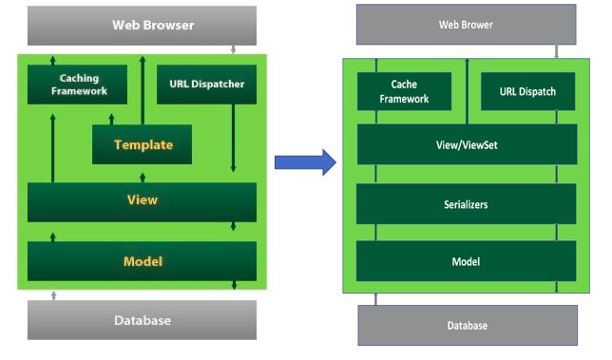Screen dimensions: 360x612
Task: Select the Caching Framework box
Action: coord(79,85)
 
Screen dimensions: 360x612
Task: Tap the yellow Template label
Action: coord(143,145)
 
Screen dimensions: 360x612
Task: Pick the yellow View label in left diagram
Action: coord(143,200)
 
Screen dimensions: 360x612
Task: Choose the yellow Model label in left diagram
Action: coord(143,261)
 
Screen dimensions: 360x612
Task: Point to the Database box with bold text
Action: coord(143,320)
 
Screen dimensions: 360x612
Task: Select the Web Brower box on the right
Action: coord(466,25)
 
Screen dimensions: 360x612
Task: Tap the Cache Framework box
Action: coord(404,92)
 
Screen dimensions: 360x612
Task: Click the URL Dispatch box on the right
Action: coord(527,92)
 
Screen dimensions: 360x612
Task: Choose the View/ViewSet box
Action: coord(466,144)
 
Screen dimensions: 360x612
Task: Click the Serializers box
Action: coord(466,204)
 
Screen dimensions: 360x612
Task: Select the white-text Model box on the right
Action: coord(466,261)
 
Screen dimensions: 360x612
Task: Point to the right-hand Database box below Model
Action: coord(467,326)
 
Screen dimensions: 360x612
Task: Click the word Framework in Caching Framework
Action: coord(79,92)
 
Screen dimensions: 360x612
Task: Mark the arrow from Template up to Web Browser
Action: coord(143,90)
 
